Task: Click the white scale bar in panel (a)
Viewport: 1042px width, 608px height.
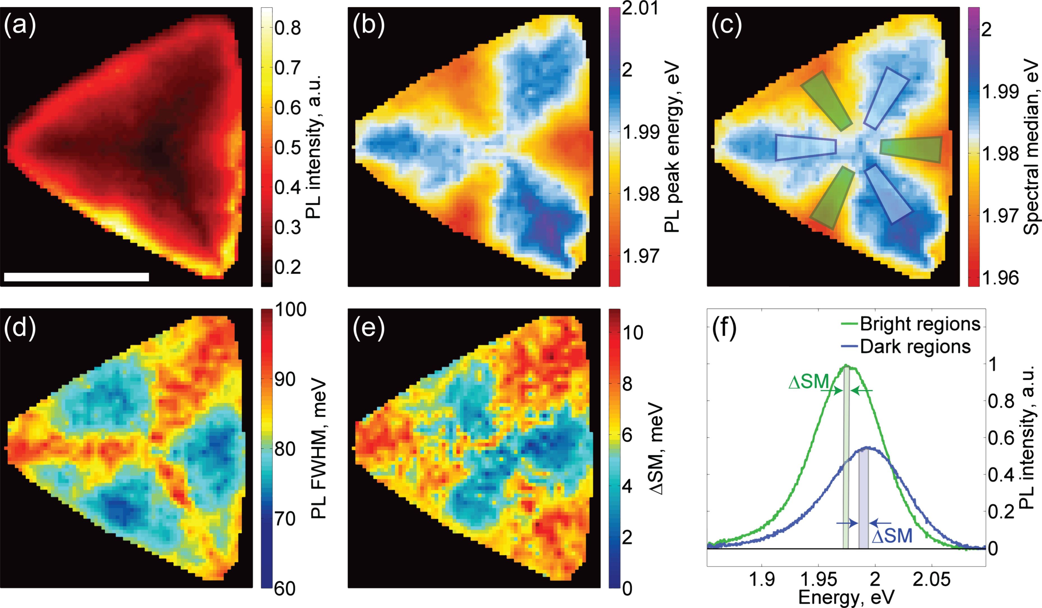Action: tap(77, 277)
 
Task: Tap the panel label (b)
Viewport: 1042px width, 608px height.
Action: tap(369, 25)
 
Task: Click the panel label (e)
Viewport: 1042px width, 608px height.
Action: tap(369, 329)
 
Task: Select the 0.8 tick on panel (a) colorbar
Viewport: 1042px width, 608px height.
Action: tap(287, 29)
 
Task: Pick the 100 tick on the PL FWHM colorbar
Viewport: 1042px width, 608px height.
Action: tap(289, 309)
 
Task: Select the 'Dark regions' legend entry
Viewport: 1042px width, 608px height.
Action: tap(915, 347)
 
